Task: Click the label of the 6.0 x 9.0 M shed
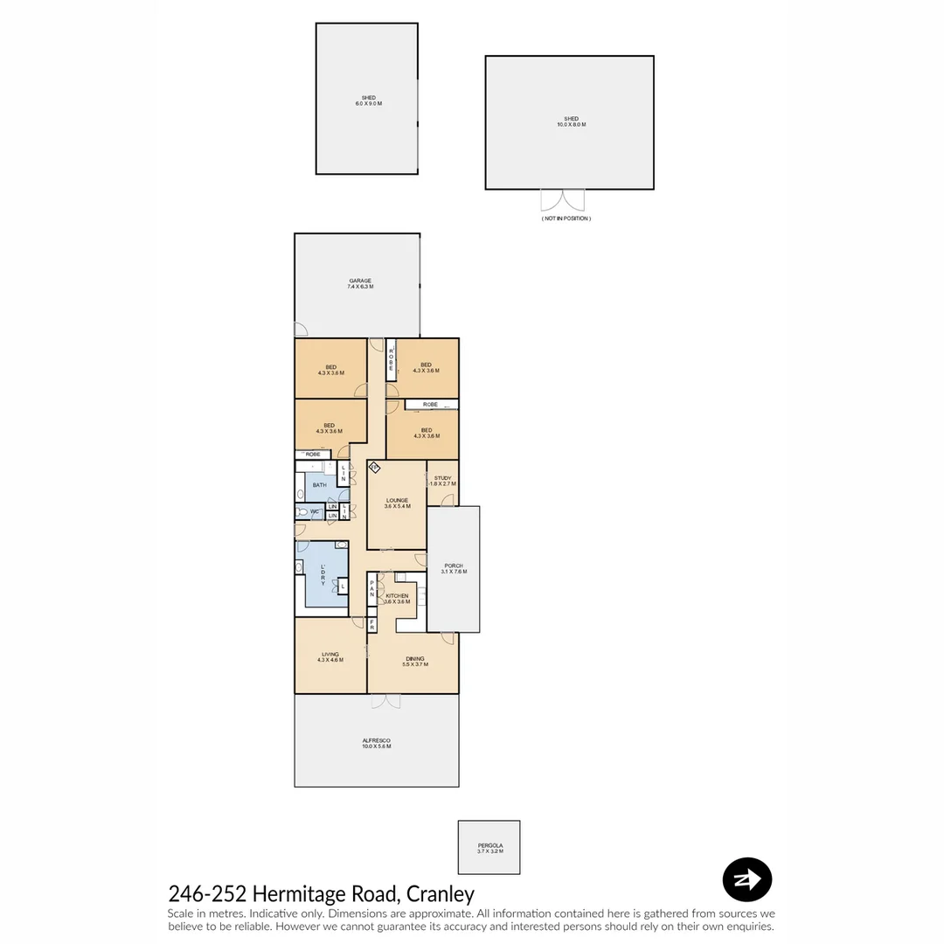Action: point(368,101)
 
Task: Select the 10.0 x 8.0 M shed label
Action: point(571,121)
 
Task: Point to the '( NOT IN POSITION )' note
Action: point(566,219)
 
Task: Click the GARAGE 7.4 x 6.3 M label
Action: point(360,284)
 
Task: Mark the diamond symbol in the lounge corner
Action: point(374,468)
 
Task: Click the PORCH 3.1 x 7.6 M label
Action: point(454,568)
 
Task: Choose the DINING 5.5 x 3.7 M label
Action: point(414,662)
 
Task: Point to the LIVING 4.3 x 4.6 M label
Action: point(330,656)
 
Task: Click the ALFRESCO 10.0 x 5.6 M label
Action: point(377,743)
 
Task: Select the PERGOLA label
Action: point(489,848)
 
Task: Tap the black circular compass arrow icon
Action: point(747,879)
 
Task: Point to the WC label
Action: point(314,512)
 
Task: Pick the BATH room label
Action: point(319,484)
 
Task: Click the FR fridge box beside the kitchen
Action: point(372,625)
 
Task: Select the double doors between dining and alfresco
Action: point(385,701)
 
